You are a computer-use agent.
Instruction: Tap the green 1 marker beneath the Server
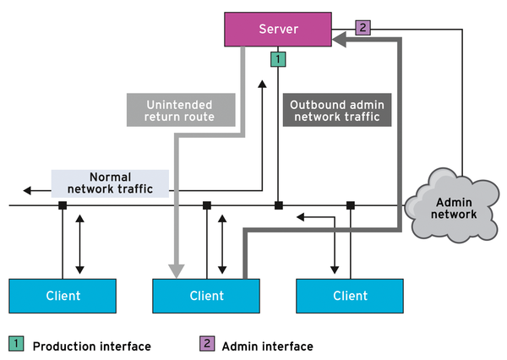276,58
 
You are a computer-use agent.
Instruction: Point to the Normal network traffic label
109,183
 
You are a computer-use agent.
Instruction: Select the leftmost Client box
63,295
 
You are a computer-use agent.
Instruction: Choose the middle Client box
207,295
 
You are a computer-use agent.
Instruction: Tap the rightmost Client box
351,295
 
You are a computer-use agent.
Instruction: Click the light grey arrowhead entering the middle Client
177,270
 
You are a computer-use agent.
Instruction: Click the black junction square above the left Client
63,205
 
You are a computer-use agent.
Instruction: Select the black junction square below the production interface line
278,205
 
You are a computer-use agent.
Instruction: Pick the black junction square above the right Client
350,205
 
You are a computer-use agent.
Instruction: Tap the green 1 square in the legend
16,345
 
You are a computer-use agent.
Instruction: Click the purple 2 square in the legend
206,345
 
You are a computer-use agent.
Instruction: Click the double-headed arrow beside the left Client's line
79,245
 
